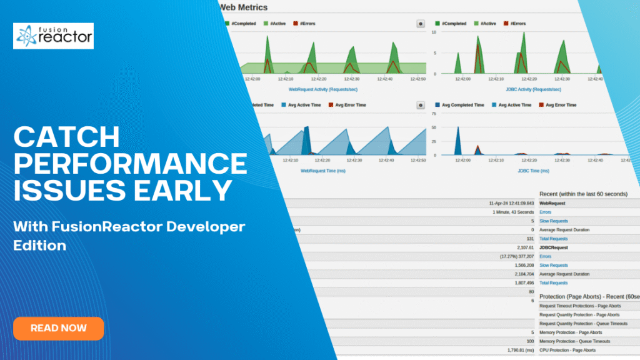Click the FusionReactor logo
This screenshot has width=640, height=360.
click(x=54, y=36)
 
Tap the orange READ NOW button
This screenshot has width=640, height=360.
click(x=59, y=328)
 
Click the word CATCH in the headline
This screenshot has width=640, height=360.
click(x=66, y=137)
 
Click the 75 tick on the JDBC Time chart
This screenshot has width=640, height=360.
click(x=434, y=114)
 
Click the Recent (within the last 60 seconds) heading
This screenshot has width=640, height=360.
click(x=583, y=194)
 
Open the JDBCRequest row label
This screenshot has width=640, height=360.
click(x=554, y=247)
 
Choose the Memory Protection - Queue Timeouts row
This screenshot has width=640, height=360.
click(x=575, y=341)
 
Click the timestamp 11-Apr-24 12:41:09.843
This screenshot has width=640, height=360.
click(x=511, y=203)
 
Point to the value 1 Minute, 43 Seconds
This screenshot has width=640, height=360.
click(x=514, y=212)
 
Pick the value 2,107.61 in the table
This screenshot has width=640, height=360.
click(x=522, y=247)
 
